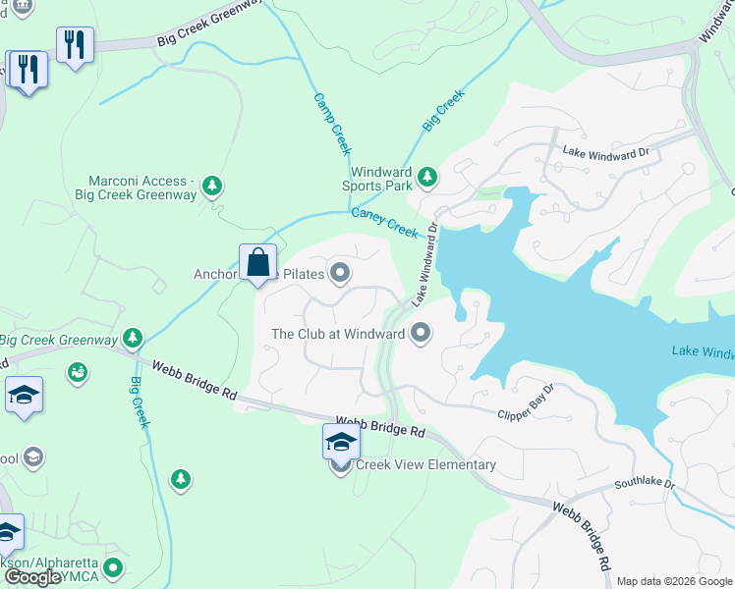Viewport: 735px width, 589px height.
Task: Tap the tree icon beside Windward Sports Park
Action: [x=426, y=178]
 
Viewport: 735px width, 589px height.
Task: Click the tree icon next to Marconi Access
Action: [x=212, y=186]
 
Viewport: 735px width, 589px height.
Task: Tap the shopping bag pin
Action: [x=257, y=263]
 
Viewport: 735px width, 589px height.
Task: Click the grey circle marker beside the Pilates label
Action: [x=340, y=274]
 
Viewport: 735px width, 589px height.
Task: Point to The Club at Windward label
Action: [x=338, y=334]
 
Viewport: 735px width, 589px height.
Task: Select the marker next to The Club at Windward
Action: [x=421, y=334]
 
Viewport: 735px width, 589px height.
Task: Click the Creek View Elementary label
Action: [x=425, y=464]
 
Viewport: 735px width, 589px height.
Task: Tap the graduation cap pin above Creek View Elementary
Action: [x=340, y=442]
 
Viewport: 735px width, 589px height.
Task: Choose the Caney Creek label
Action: [x=385, y=221]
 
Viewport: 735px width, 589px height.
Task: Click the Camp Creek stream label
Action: [x=332, y=124]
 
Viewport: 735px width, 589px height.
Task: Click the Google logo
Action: [x=32, y=577]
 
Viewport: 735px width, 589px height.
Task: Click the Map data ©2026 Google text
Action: [x=674, y=581]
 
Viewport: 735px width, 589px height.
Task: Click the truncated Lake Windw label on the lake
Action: [x=702, y=351]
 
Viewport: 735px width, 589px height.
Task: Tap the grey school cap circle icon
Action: [x=33, y=456]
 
